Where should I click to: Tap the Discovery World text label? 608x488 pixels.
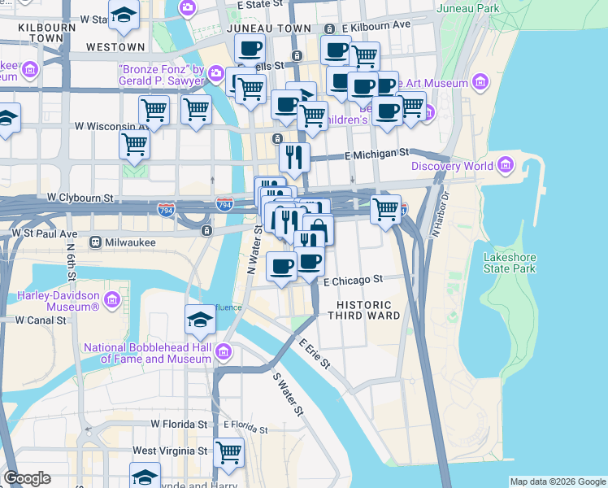pyautogui.click(x=452, y=167)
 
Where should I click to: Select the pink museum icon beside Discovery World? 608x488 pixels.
pyautogui.click(x=506, y=167)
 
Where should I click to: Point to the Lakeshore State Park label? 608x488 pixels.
pyautogui.click(x=510, y=263)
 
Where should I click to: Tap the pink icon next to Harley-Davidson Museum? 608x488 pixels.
pyautogui.click(x=111, y=303)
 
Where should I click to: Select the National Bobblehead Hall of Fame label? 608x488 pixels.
pyautogui.click(x=148, y=353)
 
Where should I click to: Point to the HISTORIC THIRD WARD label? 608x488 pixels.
pyautogui.click(x=363, y=309)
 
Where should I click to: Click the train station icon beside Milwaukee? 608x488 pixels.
pyautogui.click(x=96, y=242)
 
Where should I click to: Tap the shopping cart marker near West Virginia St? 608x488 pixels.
pyautogui.click(x=229, y=451)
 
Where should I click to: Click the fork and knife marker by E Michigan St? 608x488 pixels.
pyautogui.click(x=294, y=156)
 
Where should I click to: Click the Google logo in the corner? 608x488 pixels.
pyautogui.click(x=27, y=477)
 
